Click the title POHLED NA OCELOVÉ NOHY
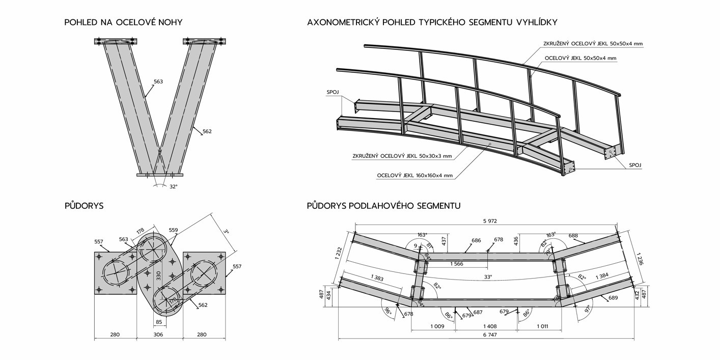(x=123, y=22)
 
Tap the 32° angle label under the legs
(x=174, y=187)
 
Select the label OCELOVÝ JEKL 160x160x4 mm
(x=414, y=176)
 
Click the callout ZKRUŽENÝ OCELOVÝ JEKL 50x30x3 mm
(x=402, y=156)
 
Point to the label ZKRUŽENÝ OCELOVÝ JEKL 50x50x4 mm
(x=592, y=44)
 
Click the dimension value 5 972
(x=490, y=221)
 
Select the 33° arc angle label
(x=488, y=277)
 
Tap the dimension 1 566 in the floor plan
(x=456, y=264)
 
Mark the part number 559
(x=174, y=230)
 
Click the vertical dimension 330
(x=158, y=275)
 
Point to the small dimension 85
(x=159, y=322)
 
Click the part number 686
(x=476, y=240)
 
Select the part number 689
(x=613, y=298)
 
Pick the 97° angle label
(x=587, y=309)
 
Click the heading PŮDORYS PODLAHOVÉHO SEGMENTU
(x=383, y=206)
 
